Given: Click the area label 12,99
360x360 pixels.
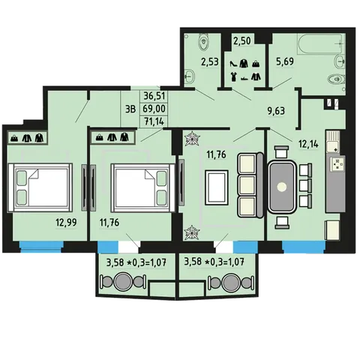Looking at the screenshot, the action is point(66,222).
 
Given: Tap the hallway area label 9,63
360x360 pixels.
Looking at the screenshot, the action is point(276,111).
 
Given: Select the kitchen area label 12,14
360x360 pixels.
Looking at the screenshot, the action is point(308,144).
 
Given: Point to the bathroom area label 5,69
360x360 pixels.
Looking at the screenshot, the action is point(285,61).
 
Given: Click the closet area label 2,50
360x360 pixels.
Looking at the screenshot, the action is point(241,40).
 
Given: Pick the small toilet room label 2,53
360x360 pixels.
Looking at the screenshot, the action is point(210,61).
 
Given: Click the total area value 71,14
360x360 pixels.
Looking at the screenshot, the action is point(154,121).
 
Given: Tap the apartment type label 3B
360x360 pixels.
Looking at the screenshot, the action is point(130,109).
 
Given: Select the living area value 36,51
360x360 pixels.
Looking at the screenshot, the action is point(154,96).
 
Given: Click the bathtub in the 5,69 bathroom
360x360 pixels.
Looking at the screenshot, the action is point(320,43).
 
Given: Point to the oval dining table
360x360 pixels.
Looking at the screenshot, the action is point(282,187).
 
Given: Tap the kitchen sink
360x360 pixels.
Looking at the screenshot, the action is point(333,141).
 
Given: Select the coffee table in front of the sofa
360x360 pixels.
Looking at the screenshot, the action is point(217,187).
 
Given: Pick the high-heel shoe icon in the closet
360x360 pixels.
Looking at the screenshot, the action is point(233,64).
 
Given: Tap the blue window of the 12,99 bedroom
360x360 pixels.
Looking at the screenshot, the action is point(41,247).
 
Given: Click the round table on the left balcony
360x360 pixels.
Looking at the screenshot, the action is point(122,282).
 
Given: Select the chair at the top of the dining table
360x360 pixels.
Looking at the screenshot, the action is point(282,152).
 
